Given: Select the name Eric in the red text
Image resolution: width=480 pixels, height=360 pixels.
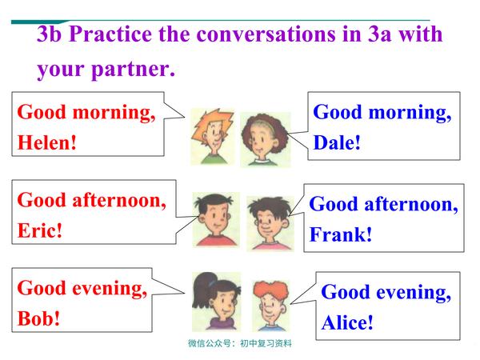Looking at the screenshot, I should (38, 230).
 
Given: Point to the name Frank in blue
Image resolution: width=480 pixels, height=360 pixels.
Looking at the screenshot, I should (339, 235).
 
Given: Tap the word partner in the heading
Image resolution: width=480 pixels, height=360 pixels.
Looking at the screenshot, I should (120, 70).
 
